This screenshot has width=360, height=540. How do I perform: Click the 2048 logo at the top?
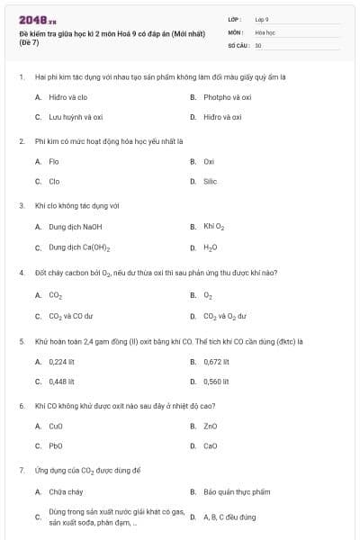37,20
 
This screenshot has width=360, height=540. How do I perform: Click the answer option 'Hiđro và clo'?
67,96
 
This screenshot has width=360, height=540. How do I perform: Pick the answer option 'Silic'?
210,181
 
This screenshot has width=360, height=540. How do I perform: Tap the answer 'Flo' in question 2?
54,161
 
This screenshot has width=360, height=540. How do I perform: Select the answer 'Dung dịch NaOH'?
76,227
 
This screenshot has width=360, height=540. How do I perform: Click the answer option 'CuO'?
56,426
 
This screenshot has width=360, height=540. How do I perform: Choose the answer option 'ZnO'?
210,426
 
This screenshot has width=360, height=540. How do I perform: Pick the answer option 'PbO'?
56,445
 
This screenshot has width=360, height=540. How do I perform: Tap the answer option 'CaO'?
210,445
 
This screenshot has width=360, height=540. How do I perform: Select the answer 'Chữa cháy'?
66,491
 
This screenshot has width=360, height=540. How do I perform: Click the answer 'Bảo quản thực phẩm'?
236,491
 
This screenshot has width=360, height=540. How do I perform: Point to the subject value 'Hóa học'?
265,31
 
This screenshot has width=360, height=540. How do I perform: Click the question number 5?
21,341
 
